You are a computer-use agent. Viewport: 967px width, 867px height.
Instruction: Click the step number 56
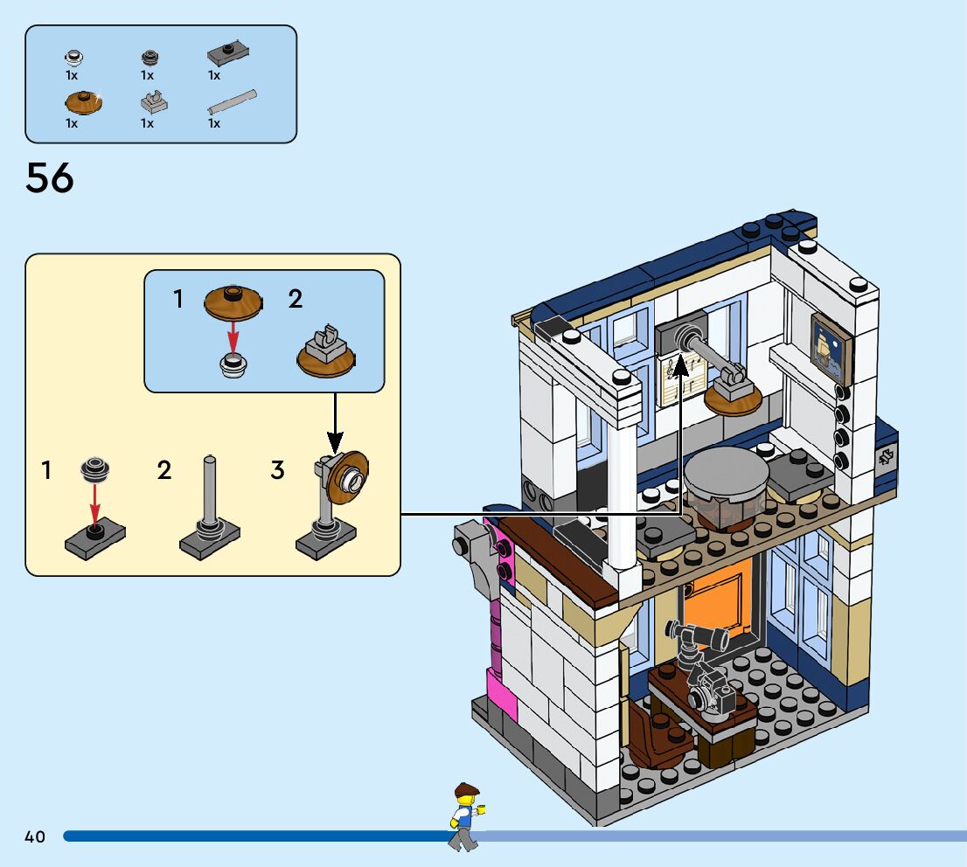(x=50, y=179)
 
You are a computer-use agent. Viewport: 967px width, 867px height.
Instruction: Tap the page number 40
(x=35, y=837)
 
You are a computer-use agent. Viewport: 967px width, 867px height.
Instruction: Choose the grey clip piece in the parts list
(x=154, y=102)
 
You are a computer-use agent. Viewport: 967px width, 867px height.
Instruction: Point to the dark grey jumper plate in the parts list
(x=228, y=54)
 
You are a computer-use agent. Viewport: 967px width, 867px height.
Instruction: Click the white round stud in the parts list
(x=74, y=59)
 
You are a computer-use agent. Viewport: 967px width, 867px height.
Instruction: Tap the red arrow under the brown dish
(x=233, y=335)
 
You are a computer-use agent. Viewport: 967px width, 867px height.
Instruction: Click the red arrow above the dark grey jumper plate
(x=95, y=502)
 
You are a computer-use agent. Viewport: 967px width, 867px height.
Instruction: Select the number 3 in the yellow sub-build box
(x=277, y=471)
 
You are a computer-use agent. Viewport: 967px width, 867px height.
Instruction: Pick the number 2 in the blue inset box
(x=296, y=300)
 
